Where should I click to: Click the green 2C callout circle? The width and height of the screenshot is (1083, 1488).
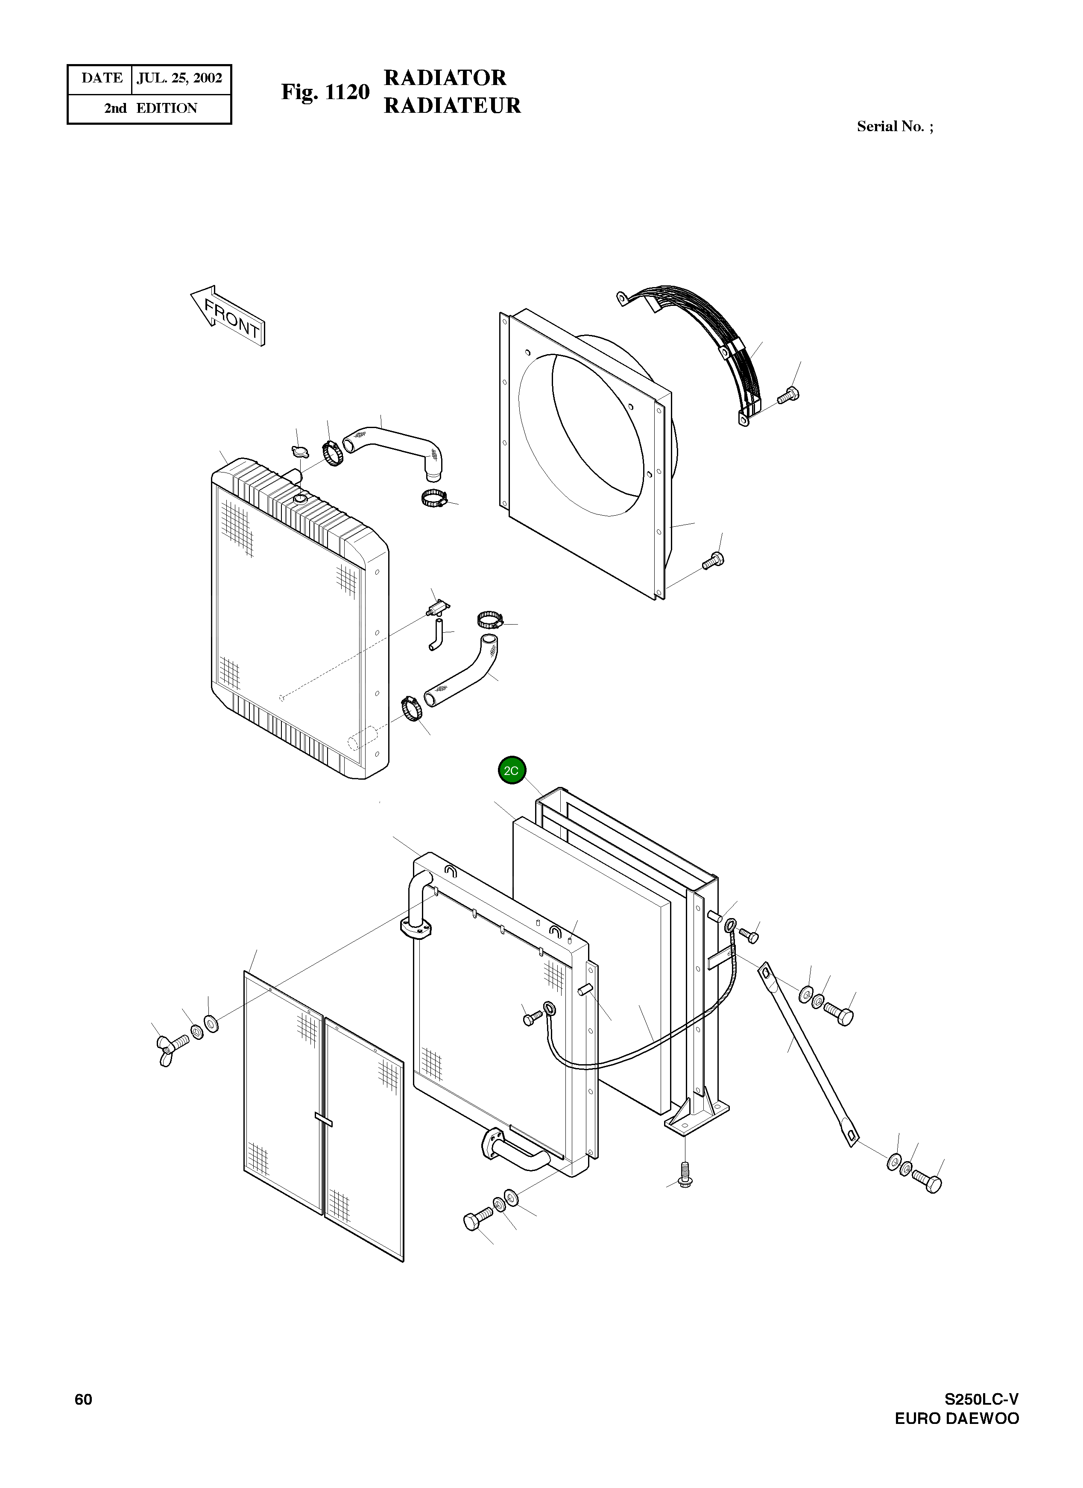(512, 770)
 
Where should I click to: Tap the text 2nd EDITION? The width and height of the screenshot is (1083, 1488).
(150, 108)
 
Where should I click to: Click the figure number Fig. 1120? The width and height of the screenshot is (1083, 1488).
(325, 93)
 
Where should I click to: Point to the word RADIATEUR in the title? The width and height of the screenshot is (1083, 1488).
(452, 106)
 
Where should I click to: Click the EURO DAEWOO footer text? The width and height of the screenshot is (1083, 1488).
(957, 1438)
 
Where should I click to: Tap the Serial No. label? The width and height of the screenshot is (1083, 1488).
(895, 126)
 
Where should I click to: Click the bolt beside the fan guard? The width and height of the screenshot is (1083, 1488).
(788, 396)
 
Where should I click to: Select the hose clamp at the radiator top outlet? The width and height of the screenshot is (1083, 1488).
(333, 453)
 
